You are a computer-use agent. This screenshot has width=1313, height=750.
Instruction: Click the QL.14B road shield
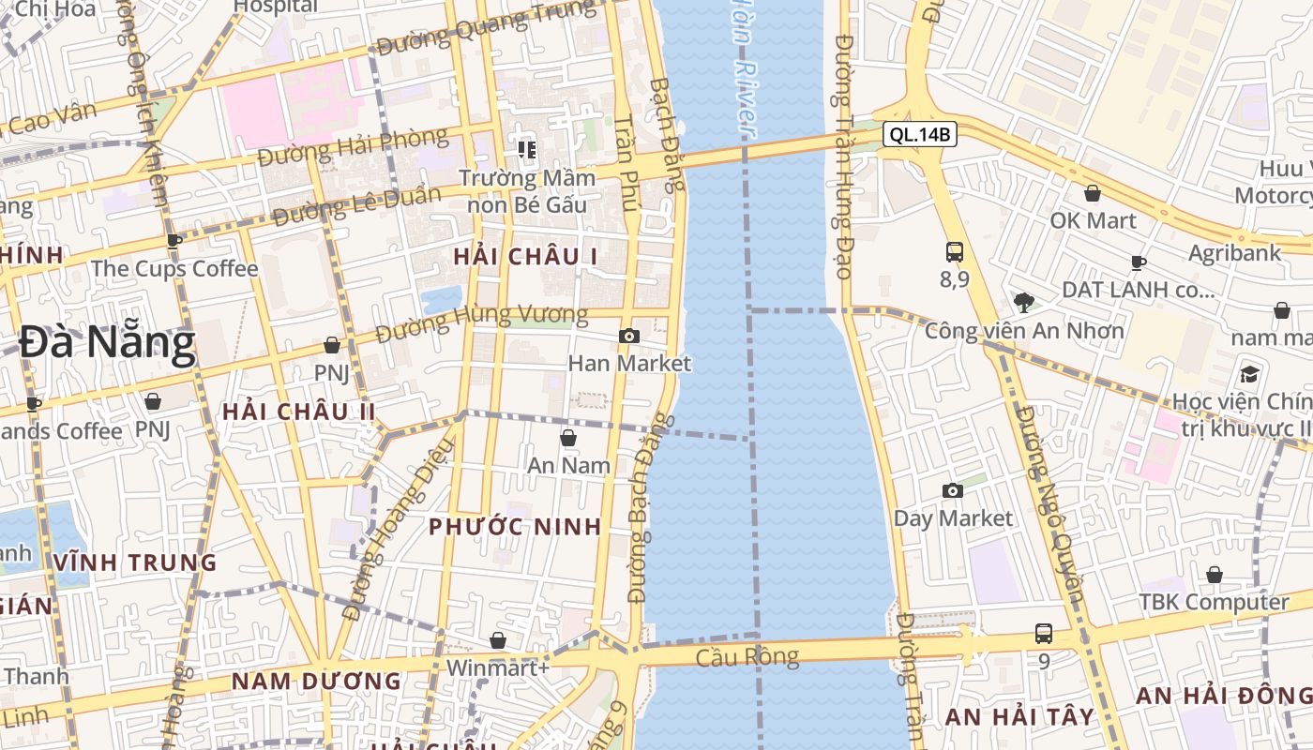tap(920, 135)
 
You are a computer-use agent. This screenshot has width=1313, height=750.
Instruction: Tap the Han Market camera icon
tap(629, 336)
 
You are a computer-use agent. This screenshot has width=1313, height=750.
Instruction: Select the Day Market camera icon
tap(953, 490)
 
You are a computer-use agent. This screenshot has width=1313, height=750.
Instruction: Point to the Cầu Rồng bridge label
tap(747, 656)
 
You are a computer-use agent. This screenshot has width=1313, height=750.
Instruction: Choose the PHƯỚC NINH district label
tap(515, 526)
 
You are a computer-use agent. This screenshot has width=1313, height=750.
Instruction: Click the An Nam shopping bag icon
tap(567, 438)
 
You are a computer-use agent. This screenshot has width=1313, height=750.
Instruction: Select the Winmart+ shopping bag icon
tap(498, 640)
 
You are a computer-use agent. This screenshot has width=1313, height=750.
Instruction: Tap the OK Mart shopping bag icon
tap(1093, 193)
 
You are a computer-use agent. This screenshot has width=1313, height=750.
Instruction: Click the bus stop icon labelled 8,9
tap(955, 251)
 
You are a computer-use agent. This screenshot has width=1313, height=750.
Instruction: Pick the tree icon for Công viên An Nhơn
tap(1023, 302)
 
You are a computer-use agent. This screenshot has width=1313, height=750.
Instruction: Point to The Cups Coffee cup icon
tap(174, 241)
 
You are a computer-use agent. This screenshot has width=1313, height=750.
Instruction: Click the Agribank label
tap(1234, 253)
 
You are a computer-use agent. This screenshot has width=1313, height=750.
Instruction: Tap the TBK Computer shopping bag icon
tap(1215, 575)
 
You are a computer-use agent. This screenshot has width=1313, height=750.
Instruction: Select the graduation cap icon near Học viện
tap(1249, 374)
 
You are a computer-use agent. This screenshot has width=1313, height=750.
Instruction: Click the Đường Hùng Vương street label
tap(481, 323)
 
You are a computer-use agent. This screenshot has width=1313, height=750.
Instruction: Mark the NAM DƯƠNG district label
tap(316, 682)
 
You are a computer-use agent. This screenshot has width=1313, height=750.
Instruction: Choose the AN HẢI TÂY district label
tap(1019, 717)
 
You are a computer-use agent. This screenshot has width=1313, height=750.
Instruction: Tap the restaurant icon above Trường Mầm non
tap(527, 149)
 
